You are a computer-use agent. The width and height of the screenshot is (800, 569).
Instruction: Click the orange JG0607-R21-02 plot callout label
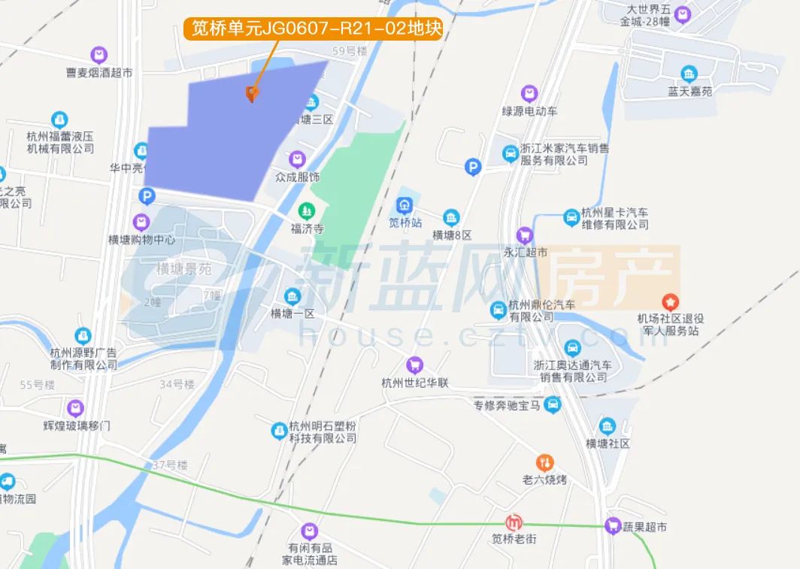coord(312,29)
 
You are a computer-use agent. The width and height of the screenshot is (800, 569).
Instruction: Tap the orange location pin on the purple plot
coord(252,94)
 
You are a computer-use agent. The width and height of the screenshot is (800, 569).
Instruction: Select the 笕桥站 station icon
coord(405,204)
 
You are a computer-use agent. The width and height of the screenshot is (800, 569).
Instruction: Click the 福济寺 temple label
coord(307,229)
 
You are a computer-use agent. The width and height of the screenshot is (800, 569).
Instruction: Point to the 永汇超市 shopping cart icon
coord(526,235)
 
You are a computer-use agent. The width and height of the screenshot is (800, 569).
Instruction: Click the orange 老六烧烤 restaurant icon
coord(544,462)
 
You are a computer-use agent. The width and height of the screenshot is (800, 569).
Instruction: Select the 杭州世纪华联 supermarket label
coord(414,383)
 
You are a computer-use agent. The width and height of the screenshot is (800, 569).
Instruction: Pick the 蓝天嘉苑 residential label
coord(689,92)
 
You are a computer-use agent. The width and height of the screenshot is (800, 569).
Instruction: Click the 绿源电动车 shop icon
coord(530,93)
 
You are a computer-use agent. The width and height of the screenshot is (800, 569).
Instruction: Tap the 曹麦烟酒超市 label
coord(99,73)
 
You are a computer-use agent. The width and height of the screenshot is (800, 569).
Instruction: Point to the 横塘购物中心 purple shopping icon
coord(141,222)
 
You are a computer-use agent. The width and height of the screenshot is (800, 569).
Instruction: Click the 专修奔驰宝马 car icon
coord(553,405)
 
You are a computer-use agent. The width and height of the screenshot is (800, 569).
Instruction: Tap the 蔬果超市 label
coord(645,527)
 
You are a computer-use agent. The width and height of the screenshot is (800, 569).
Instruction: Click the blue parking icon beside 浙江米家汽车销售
coord(473,167)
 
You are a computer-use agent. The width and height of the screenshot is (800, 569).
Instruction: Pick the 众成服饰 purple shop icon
coord(298,159)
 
